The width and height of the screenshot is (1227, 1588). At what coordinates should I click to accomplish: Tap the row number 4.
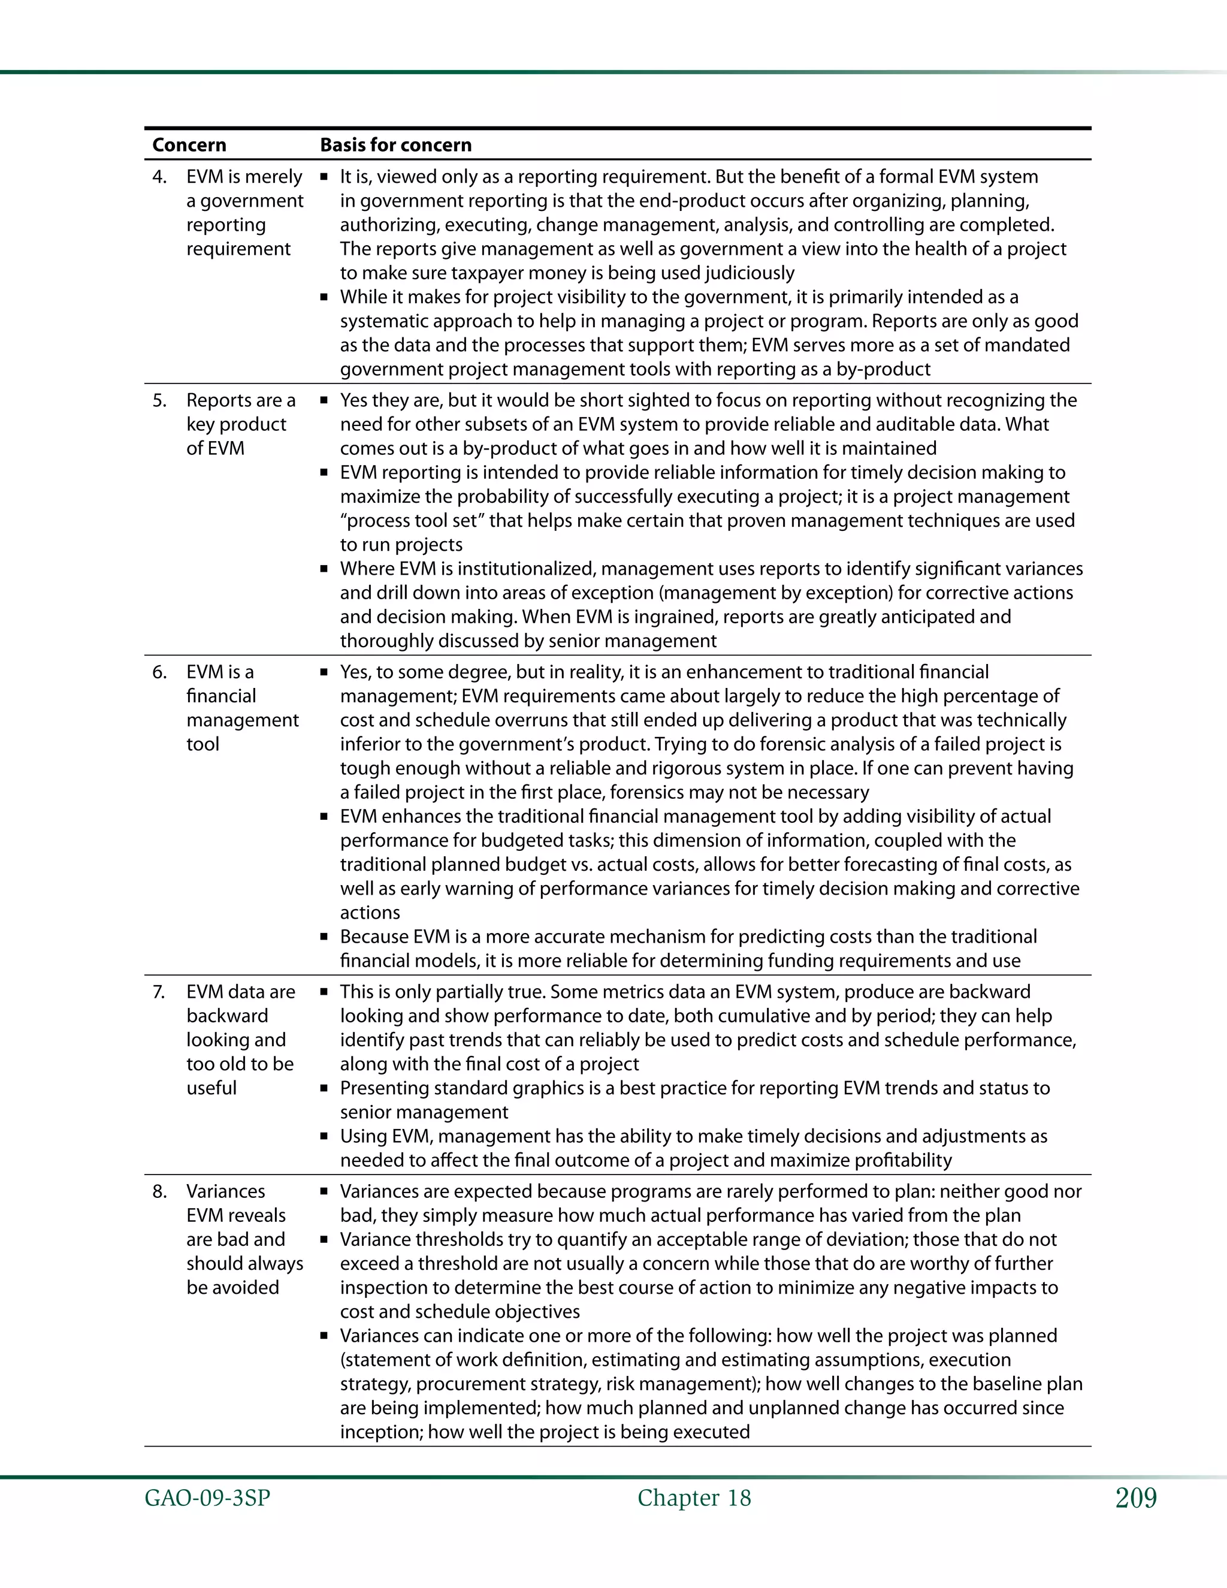(x=159, y=177)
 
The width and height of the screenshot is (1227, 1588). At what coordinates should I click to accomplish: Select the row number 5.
(x=159, y=401)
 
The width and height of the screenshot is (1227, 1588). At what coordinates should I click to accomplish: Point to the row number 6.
(x=159, y=672)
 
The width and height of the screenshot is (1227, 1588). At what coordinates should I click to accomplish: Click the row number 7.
(x=159, y=992)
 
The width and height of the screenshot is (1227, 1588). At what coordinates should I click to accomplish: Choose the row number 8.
(x=159, y=1191)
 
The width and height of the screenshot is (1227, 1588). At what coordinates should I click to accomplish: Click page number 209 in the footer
(x=1135, y=1498)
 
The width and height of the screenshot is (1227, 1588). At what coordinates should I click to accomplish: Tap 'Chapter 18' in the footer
(x=694, y=1498)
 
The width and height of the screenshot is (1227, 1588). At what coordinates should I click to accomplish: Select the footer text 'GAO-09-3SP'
(x=207, y=1498)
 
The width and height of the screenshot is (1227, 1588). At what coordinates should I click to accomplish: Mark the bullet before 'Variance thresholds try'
(x=324, y=1240)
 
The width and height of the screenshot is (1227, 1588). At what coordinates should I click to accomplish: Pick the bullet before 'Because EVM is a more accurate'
(x=324, y=938)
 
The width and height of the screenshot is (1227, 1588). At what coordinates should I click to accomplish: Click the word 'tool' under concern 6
(x=203, y=744)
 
